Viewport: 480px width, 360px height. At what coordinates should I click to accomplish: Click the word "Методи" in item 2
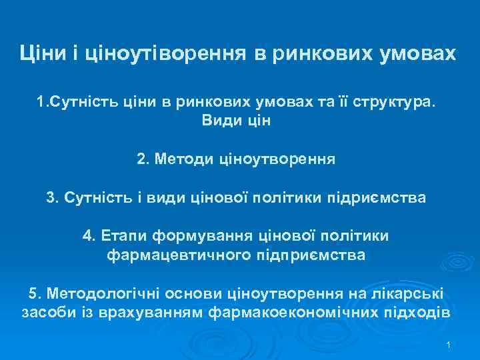point(184,160)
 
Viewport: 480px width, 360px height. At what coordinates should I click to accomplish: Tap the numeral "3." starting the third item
point(53,198)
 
